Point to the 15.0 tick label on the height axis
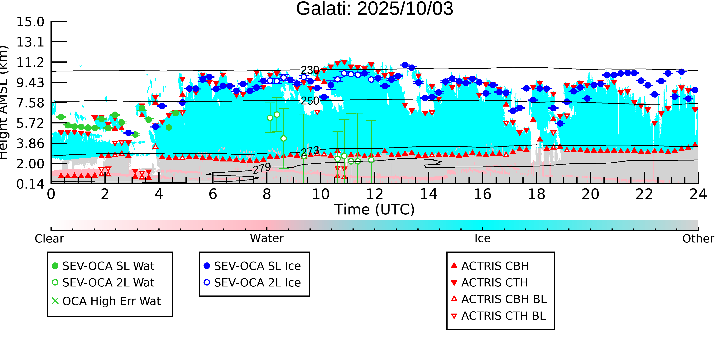click(30, 22)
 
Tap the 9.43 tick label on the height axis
click(30, 83)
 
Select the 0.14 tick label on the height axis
click(30, 184)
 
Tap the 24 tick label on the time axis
click(698, 194)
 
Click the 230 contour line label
click(310, 70)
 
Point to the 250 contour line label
click(310, 101)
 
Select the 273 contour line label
click(310, 151)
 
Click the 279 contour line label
click(262, 168)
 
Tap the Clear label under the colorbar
click(49, 239)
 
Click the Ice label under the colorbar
click(482, 239)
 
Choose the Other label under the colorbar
click(698, 239)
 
